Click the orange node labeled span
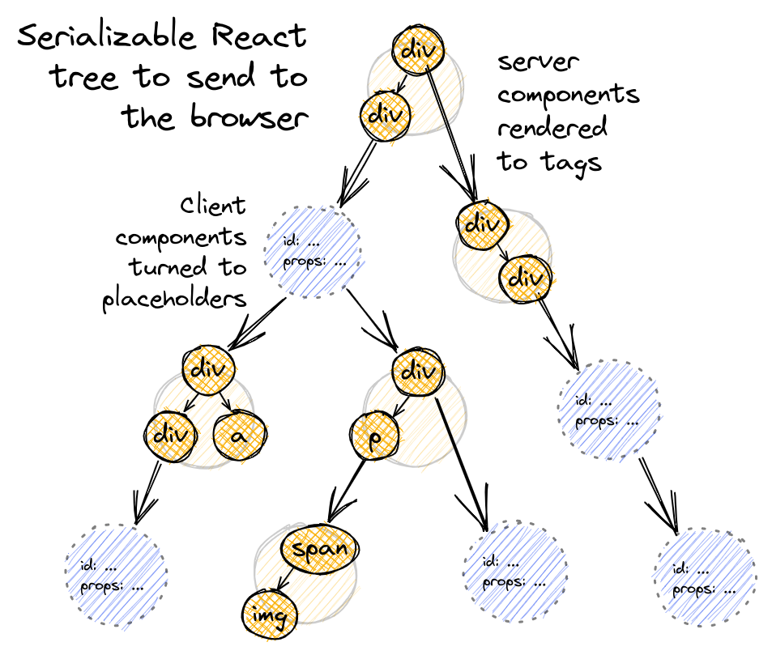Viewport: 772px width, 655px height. pyautogui.click(x=319, y=550)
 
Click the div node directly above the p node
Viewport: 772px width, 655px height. pyautogui.click(x=418, y=372)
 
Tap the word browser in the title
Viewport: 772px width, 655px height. pyautogui.click(x=251, y=117)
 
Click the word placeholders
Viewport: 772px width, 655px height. pyautogui.click(x=174, y=300)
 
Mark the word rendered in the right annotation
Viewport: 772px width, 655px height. pyautogui.click(x=552, y=129)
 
